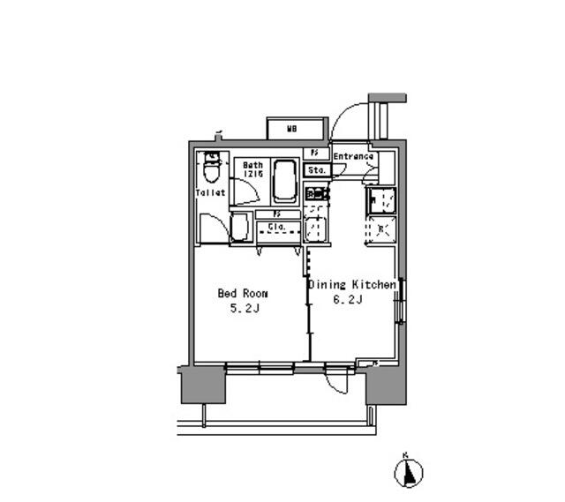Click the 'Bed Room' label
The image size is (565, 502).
243,294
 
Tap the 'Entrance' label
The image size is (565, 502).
353,157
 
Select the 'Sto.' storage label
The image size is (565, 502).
316,169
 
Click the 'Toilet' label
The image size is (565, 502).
211,192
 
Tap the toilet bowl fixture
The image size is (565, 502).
211,166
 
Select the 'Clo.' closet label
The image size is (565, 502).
275,228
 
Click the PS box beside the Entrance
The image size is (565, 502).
315,154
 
